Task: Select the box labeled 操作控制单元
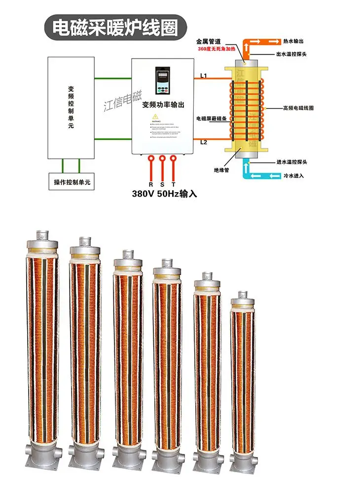click(72, 182)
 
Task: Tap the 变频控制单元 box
click(72, 107)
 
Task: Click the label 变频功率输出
click(163, 105)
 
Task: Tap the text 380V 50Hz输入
click(164, 194)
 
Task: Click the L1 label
click(203, 75)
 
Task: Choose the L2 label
click(203, 142)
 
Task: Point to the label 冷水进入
click(294, 175)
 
